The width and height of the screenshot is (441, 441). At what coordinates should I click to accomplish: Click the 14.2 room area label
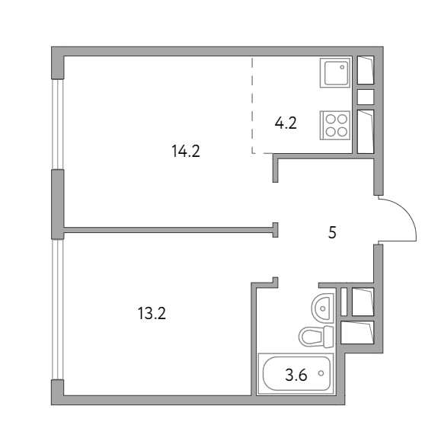click(x=186, y=152)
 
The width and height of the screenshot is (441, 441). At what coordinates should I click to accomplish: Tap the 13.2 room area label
click(x=152, y=313)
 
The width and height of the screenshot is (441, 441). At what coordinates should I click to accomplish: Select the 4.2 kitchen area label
click(x=286, y=123)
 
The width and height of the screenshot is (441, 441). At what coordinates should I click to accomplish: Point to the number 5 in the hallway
click(x=332, y=232)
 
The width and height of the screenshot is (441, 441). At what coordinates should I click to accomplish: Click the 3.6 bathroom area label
click(x=296, y=375)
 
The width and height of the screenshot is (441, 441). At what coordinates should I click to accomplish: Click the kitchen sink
click(x=335, y=73)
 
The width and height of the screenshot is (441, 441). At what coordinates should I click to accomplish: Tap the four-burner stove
click(x=335, y=125)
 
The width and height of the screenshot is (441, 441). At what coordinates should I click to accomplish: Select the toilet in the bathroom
click(x=316, y=337)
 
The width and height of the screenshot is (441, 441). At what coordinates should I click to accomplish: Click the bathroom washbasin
click(x=323, y=308)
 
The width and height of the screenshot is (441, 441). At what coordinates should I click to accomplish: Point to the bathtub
click(x=296, y=373)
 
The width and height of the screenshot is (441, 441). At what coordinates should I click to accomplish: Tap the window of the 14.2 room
click(x=58, y=124)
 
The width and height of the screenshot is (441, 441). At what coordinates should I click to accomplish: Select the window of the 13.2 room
click(x=58, y=309)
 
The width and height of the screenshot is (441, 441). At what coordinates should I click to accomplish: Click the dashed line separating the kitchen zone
click(x=252, y=106)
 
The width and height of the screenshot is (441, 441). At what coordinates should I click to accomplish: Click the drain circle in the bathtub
click(x=321, y=373)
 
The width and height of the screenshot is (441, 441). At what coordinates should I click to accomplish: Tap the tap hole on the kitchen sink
click(x=342, y=67)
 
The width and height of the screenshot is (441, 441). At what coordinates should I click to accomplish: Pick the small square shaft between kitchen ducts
click(x=366, y=97)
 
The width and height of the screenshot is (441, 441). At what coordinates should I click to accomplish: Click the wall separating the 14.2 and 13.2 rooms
click(x=169, y=230)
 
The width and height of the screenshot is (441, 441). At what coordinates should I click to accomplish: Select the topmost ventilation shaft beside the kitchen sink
click(x=366, y=70)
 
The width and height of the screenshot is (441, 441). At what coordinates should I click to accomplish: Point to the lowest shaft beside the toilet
click(x=357, y=332)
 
